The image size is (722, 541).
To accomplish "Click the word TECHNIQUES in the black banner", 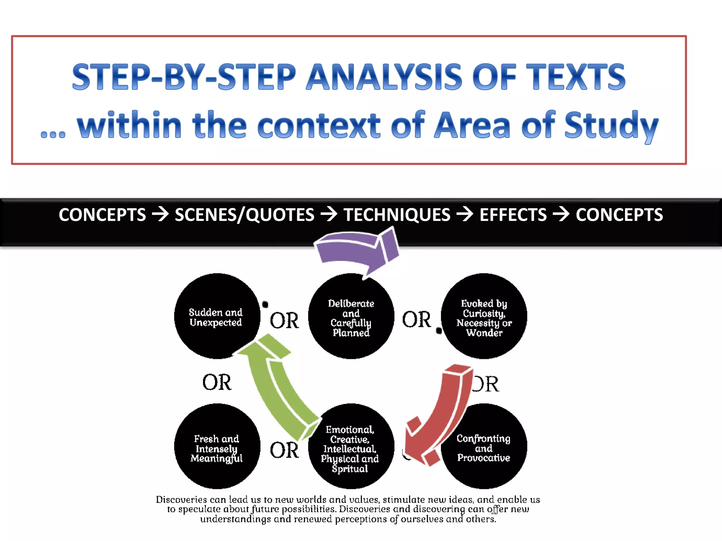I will [397, 215].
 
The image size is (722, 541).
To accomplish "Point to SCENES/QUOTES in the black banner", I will [244, 215].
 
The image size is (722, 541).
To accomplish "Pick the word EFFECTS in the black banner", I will [513, 215].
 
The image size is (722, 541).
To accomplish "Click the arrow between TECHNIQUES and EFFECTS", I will [465, 214].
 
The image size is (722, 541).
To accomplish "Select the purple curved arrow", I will [356, 250].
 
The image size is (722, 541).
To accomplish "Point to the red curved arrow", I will [441, 416].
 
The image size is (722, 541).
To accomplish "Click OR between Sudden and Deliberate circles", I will [284, 321].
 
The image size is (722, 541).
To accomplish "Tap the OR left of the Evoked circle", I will [416, 320].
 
